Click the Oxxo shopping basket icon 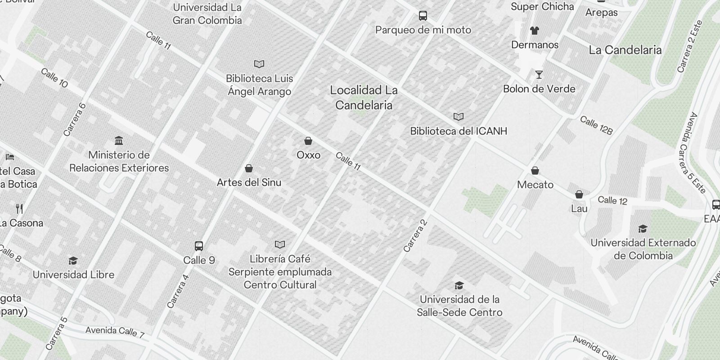coord(308,141)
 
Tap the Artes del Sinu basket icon coord(248,169)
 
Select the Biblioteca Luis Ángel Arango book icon coord(259,64)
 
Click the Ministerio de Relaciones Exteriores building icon coord(119,141)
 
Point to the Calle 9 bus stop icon coord(199,246)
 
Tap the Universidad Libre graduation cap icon coord(73,261)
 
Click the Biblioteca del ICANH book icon coord(459,117)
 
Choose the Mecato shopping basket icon coord(535,171)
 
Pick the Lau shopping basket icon coord(579,195)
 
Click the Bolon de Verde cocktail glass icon coord(539,75)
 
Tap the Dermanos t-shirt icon coord(534,31)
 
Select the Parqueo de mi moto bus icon coord(423,16)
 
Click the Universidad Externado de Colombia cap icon coord(643,229)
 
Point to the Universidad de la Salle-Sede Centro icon coord(459,286)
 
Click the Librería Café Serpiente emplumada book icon coord(280,245)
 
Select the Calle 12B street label coord(596,125)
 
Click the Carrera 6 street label coord(74,120)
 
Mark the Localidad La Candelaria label coord(364,98)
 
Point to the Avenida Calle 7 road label coord(115,332)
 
